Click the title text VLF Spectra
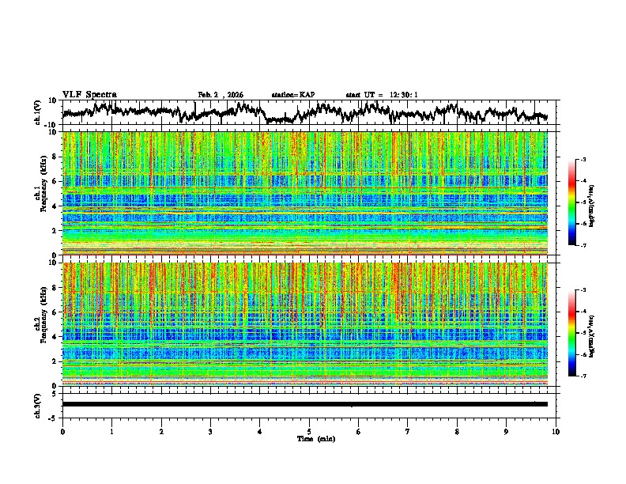tap(89, 94)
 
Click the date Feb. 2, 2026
tap(221, 95)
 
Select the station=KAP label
tap(292, 95)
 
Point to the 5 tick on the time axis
tap(309, 431)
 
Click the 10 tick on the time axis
tap(556, 431)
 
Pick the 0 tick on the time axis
tap(62, 431)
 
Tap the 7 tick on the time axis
tap(408, 431)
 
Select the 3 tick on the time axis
tap(210, 431)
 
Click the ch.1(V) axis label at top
tap(39, 112)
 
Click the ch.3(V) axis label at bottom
tap(39, 404)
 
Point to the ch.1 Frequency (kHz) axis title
tap(39, 193)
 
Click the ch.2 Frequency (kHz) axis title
tap(39, 323)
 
